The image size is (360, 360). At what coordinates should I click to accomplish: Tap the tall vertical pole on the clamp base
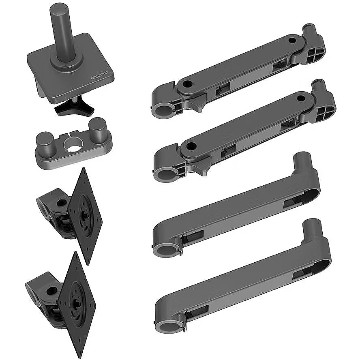coord(61,32)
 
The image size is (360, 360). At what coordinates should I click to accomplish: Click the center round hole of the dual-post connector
coord(73,145)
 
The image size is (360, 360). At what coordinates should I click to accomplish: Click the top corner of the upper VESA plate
coord(84,167)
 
